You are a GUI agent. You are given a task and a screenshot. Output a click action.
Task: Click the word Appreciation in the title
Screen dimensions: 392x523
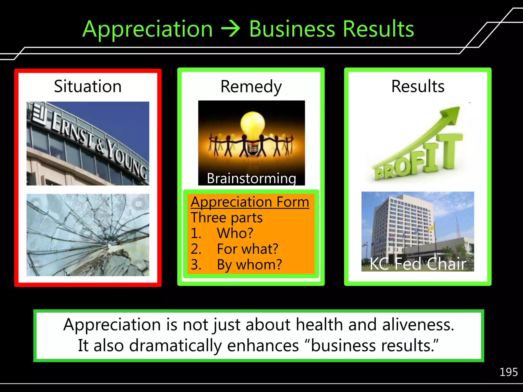pos(147,29)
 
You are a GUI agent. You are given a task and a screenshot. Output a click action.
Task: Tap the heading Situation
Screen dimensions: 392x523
pos(88,86)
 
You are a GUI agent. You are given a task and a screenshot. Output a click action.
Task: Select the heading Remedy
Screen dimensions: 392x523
pos(251,87)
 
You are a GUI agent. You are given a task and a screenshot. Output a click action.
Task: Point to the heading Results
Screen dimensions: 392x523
pos(418,86)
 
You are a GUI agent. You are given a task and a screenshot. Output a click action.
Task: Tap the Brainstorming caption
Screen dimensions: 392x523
pos(251,178)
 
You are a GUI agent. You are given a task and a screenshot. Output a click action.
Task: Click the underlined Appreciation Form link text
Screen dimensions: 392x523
pos(250,202)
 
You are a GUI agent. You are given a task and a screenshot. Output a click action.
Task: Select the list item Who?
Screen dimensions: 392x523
pos(235,233)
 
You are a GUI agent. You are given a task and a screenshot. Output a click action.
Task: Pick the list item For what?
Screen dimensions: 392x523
pos(247,249)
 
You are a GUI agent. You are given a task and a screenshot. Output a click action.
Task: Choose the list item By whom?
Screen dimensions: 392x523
pos(249,265)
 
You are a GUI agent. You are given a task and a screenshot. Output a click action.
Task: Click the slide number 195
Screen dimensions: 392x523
pos(508,372)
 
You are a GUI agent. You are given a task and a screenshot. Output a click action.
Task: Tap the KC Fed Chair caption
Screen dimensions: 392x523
pos(418,264)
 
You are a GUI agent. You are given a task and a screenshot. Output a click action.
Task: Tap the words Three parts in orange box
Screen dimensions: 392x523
pos(227,218)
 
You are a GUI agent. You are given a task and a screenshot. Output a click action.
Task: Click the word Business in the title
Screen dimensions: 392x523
pos(292,29)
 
